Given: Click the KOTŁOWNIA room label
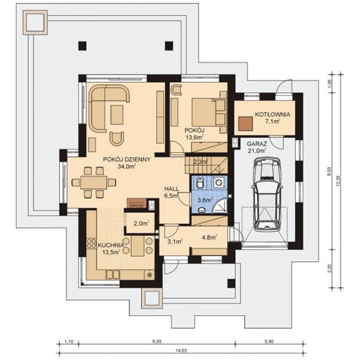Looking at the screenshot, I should (x=273, y=114).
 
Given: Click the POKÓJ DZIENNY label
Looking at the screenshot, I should (x=127, y=160).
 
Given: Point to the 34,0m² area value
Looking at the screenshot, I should (x=127, y=167).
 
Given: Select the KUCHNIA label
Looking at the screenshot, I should (x=111, y=245).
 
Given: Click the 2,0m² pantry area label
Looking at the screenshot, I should (x=140, y=223).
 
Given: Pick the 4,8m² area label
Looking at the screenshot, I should (x=209, y=238).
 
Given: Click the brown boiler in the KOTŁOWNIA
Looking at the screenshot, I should (x=245, y=123).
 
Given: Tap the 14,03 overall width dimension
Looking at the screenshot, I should (x=181, y=351).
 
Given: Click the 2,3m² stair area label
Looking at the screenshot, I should (x=201, y=162).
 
